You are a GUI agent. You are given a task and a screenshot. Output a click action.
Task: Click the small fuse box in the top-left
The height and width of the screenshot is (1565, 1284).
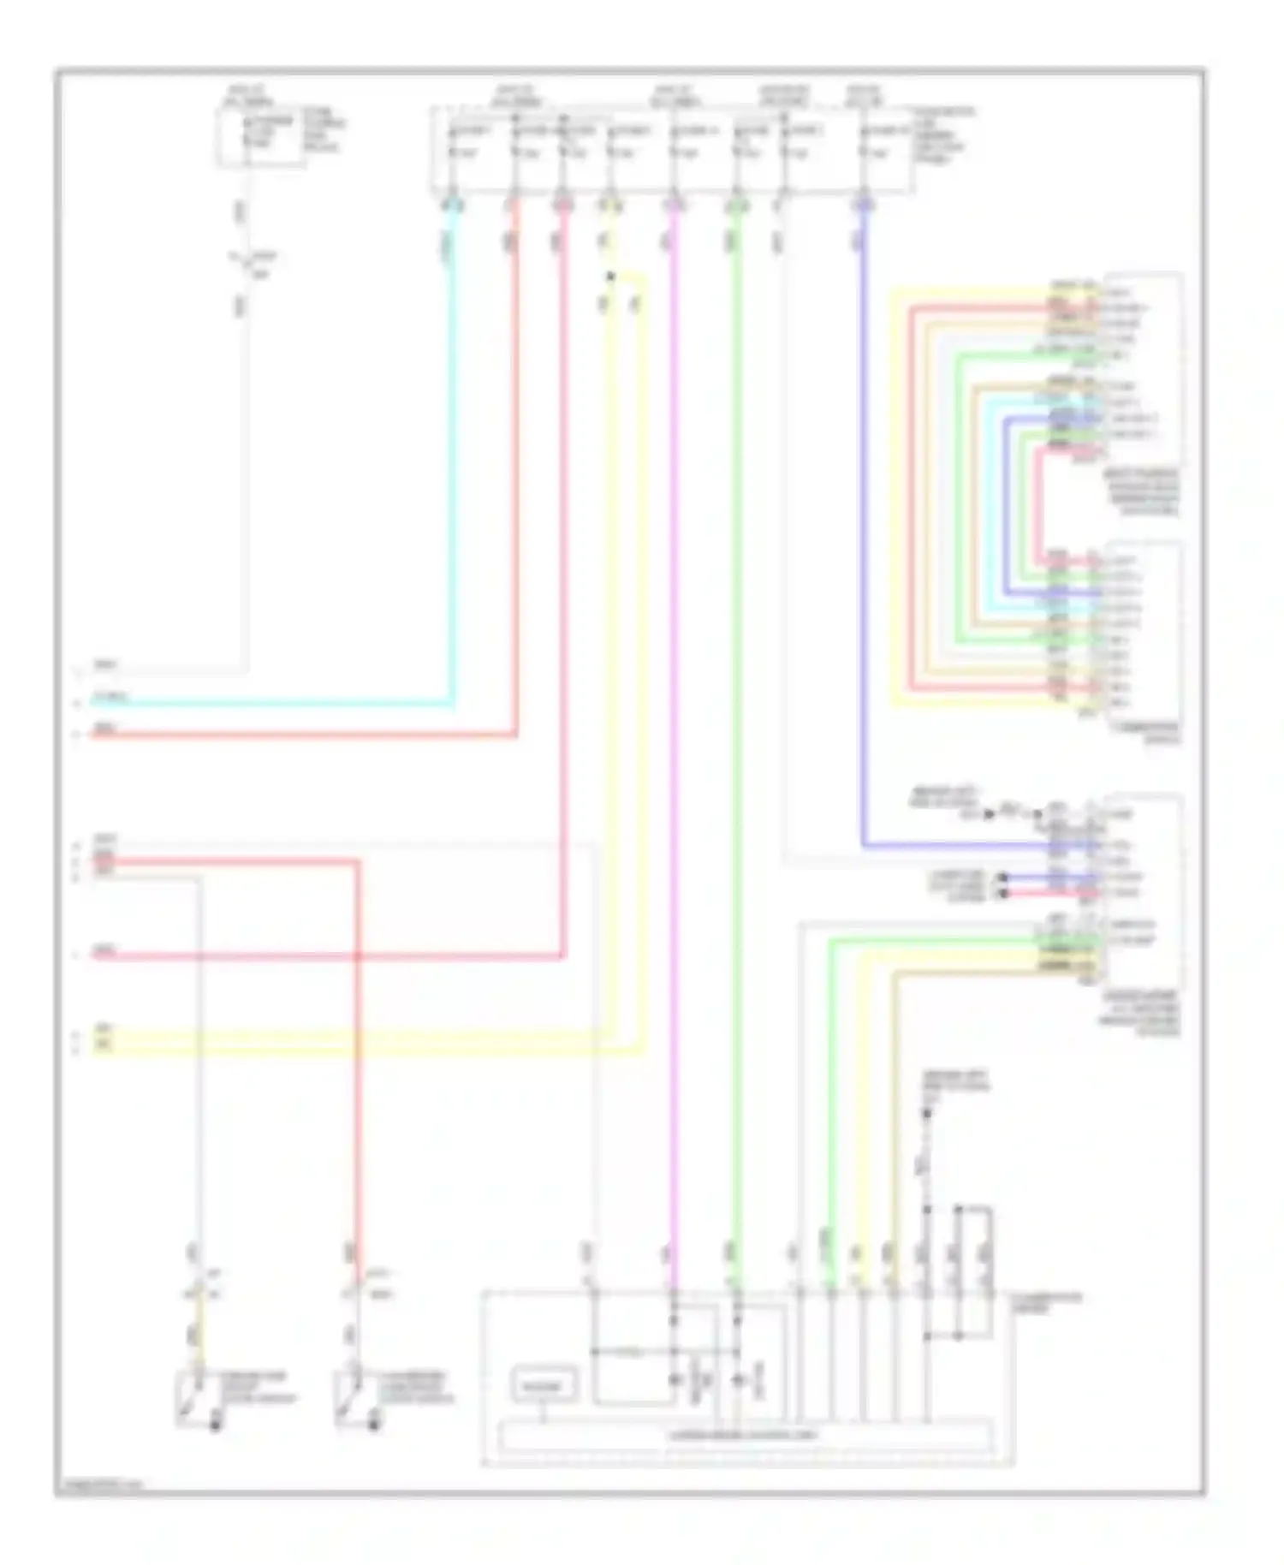tap(260, 137)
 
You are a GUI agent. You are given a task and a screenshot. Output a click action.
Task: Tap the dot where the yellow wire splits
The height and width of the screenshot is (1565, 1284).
tap(610, 277)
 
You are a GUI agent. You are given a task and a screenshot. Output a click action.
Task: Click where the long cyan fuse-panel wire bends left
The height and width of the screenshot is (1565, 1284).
tap(452, 704)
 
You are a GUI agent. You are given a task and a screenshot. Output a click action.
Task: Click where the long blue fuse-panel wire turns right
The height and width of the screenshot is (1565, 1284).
tap(864, 846)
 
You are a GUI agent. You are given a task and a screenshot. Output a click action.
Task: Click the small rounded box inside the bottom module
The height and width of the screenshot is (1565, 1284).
tap(544, 1384)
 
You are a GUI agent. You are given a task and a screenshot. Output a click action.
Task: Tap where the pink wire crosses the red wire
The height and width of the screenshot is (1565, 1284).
tap(357, 955)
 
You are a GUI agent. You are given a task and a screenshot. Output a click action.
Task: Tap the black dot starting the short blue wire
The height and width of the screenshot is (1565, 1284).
tap(1005, 878)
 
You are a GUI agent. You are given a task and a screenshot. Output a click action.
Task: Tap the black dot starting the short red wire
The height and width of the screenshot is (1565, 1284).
tap(1005, 893)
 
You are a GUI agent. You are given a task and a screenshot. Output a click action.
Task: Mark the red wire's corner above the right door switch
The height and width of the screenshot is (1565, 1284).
tap(357, 862)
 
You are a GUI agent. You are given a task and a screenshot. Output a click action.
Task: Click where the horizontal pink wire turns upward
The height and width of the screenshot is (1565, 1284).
tap(563, 955)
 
